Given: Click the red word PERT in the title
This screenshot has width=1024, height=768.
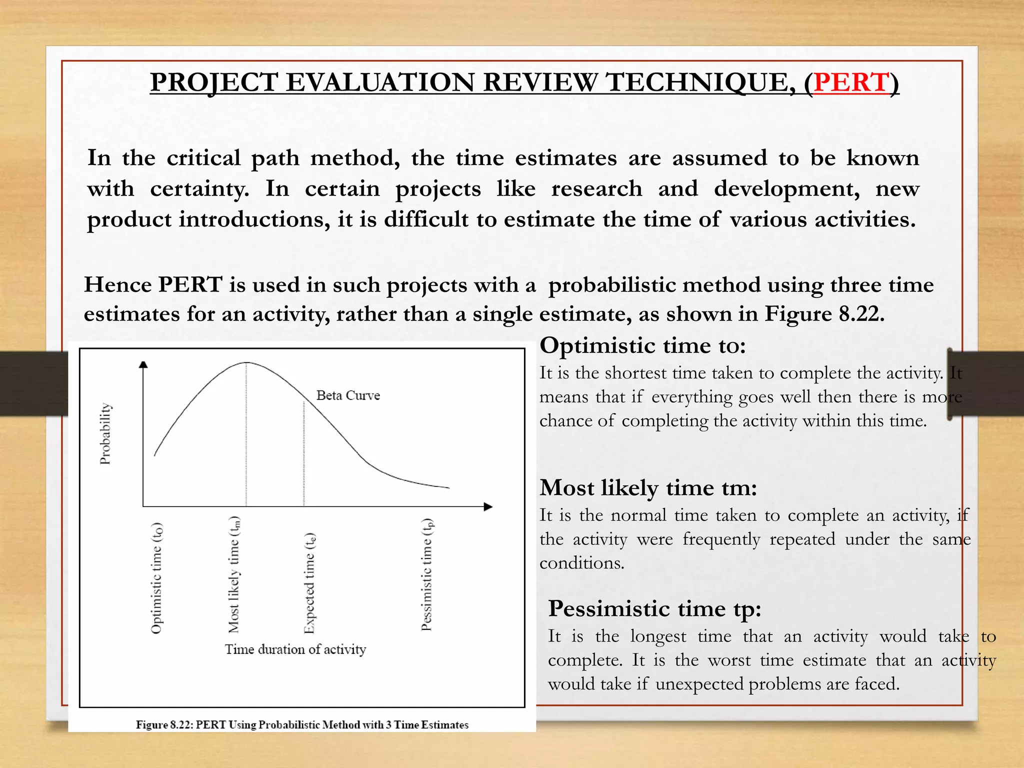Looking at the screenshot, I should [851, 82].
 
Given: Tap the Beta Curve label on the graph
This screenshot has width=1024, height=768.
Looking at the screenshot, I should [348, 395].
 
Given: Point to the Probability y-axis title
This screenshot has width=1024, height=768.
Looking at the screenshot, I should [105, 433].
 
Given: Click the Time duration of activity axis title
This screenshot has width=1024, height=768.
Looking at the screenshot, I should [295, 649].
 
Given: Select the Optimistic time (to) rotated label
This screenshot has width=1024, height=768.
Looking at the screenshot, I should [157, 578].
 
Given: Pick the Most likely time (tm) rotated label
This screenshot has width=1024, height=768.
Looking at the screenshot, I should [234, 575].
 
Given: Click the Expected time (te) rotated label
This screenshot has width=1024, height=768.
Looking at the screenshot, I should [310, 583].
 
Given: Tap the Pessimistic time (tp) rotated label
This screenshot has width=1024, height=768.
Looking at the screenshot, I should [426, 575].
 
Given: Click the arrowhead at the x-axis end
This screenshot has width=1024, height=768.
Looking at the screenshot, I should [488, 506].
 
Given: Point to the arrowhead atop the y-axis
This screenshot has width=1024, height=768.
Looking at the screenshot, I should [143, 364].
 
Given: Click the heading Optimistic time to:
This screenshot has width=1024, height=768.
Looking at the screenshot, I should [642, 345].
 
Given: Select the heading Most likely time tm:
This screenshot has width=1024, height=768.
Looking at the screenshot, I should [648, 487].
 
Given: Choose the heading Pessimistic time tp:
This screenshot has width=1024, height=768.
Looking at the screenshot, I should [654, 608].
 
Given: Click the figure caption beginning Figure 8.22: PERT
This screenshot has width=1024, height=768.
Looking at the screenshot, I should [302, 724].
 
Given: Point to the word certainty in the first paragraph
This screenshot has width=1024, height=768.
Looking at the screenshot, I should [199, 189].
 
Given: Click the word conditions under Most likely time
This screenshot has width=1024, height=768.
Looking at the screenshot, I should [581, 563].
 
